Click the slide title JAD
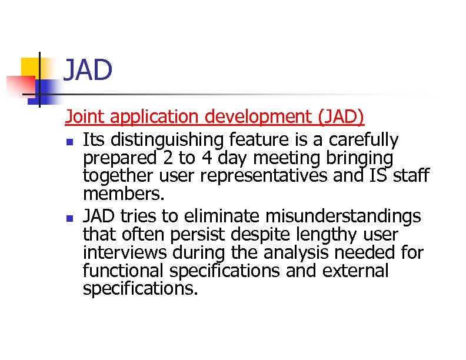click(87, 71)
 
